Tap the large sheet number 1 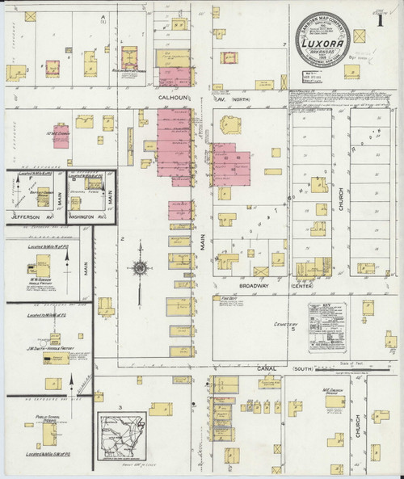[x=380, y=20]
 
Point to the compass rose [x=140, y=267]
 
